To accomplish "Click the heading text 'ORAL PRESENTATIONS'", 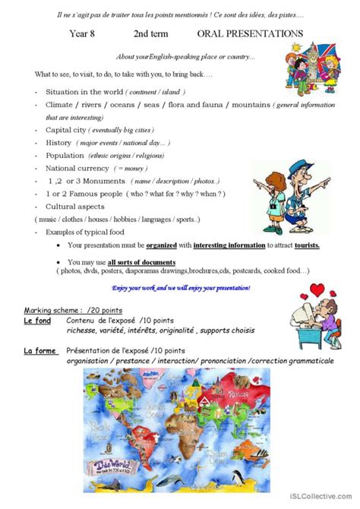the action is pyautogui.click(x=250, y=33).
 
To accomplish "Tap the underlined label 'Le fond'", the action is pyautogui.click(x=38, y=322).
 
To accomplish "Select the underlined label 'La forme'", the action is pyautogui.click(x=39, y=351).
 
